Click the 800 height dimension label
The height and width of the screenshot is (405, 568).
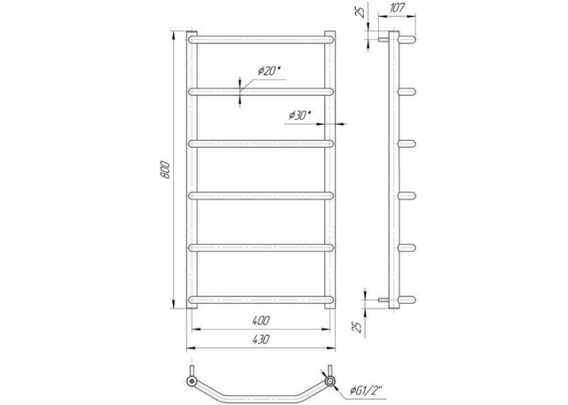click(165, 169)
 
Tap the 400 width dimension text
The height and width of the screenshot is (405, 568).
click(261, 320)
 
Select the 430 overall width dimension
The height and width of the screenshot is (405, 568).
click(261, 340)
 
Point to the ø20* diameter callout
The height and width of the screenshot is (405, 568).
click(269, 71)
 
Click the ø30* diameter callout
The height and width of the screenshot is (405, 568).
click(300, 115)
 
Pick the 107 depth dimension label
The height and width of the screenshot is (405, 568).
click(396, 8)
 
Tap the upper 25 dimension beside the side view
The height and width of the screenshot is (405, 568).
click(360, 12)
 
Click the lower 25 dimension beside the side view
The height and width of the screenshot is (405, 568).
click(358, 326)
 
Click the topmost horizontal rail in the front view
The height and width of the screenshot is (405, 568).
click(261, 39)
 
